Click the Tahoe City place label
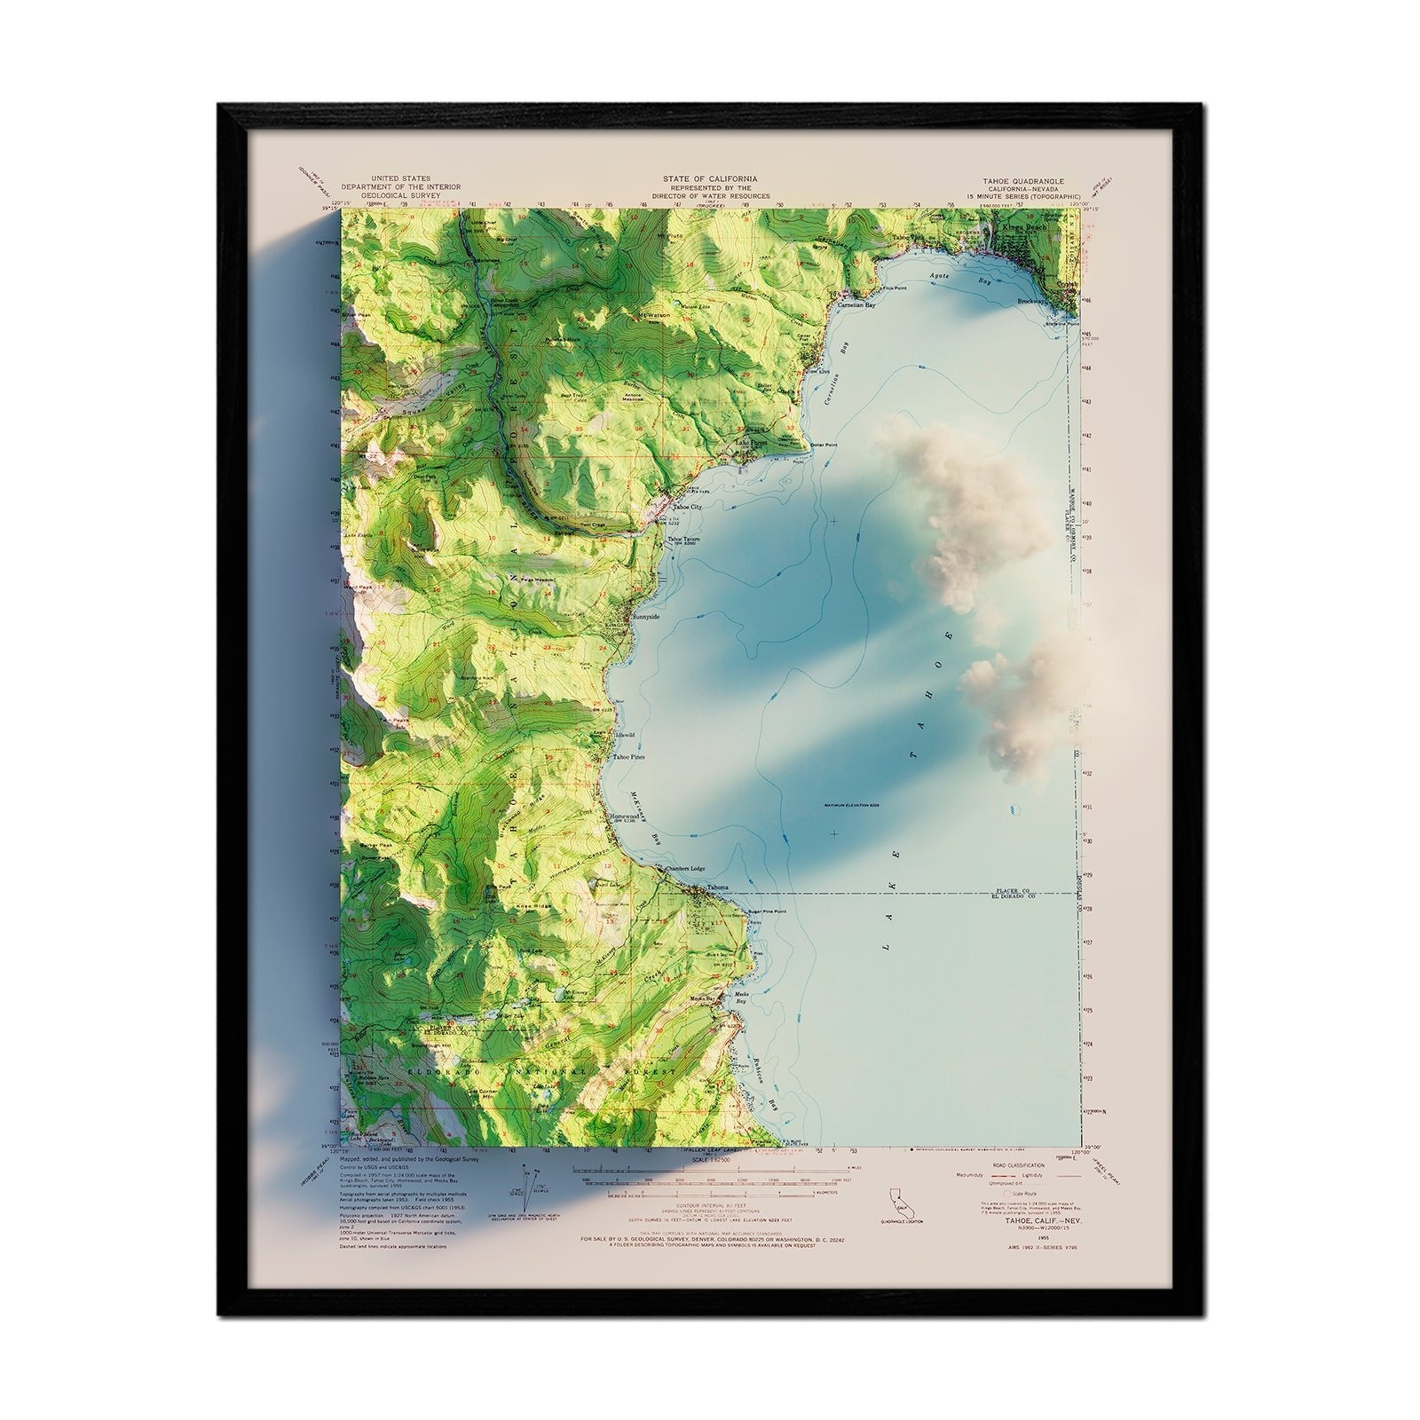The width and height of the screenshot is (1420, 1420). tap(687, 507)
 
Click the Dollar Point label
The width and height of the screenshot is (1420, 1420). tap(824, 444)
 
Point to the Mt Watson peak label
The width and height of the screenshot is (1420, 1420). tap(653, 315)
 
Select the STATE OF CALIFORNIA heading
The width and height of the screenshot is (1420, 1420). tap(710, 178)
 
